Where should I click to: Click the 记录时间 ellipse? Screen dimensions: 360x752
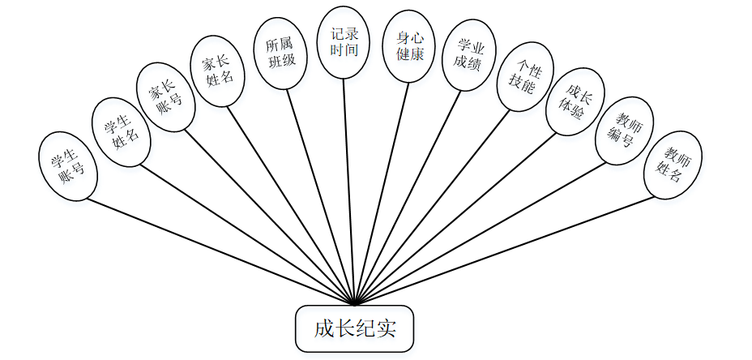click(x=344, y=42)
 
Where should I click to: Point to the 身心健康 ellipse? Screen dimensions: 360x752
click(x=409, y=46)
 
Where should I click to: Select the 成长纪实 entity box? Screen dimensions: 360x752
click(x=355, y=329)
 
